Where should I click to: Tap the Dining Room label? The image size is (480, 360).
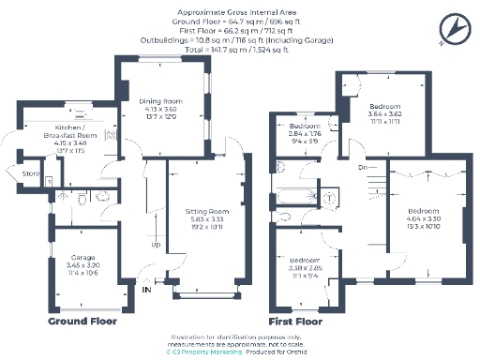(158, 102)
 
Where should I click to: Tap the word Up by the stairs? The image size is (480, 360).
(156, 246)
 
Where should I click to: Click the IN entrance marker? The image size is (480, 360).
(145, 291)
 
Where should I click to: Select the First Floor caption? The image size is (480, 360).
(297, 321)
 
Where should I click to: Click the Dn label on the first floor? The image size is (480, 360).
(361, 168)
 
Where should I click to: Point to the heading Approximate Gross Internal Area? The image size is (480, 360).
(239, 11)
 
